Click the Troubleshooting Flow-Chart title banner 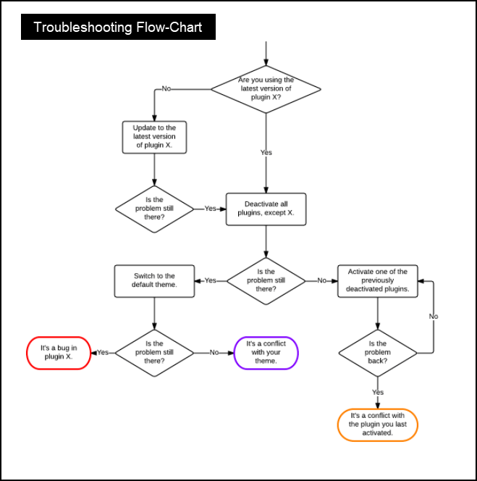pos(118,28)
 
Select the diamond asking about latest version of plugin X pos(266,89)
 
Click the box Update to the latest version pos(154,137)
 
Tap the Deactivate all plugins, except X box pos(266,209)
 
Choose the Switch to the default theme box pos(154,280)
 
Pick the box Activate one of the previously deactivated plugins pos(377,280)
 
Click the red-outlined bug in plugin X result pos(59,353)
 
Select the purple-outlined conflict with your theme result pos(266,353)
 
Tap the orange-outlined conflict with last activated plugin pos(377,425)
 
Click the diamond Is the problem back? pos(377,353)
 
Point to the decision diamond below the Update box pos(154,209)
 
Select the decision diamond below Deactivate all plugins pos(266,280)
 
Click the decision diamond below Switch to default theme pos(154,353)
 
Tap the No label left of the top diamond pos(166,89)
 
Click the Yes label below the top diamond pos(266,153)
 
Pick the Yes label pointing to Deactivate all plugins pos(210,209)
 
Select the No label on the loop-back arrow pos(433,317)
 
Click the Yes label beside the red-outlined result pos(103,353)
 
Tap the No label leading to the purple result pos(214,353)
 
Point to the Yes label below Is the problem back pos(377,392)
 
